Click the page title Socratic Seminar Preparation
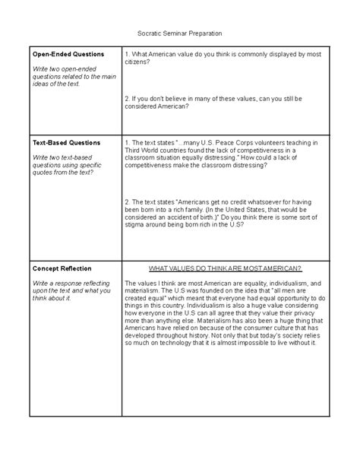pos(180,35)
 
